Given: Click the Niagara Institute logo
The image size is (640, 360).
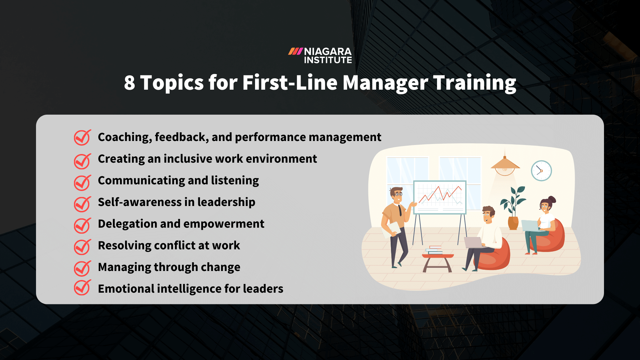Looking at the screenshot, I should (320, 56).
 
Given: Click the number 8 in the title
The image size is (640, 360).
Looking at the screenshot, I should (130, 83).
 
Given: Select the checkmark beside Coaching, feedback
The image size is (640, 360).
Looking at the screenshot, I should (82, 137).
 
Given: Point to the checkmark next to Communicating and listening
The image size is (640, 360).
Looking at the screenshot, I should (82, 182).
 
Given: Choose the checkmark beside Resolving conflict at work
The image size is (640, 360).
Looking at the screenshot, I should (82, 247).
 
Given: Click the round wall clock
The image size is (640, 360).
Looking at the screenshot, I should (541, 171).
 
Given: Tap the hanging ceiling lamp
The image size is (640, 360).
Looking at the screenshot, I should (505, 165).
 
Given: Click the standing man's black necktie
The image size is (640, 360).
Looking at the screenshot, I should (400, 210).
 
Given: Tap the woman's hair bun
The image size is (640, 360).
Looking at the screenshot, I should (552, 199).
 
